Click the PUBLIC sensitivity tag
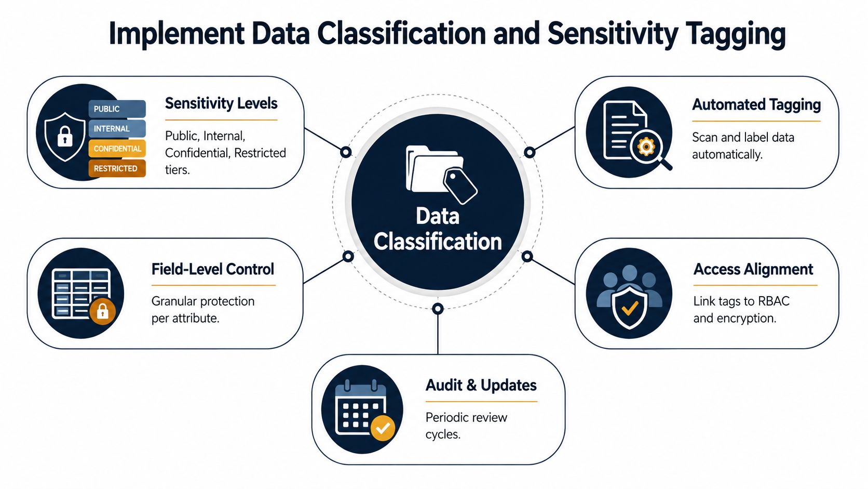117,109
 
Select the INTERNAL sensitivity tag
117,129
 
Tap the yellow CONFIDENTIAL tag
117,149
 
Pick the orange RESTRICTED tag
117,168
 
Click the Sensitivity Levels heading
221,103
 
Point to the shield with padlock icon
65,137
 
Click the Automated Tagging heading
756,105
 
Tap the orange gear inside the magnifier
646,147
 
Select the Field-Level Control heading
213,269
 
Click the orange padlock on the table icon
102,311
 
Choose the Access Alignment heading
753,269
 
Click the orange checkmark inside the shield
630,309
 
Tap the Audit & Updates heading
481,385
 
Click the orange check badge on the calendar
383,428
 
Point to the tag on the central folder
460,186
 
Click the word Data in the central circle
438,216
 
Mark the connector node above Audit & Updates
438,309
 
